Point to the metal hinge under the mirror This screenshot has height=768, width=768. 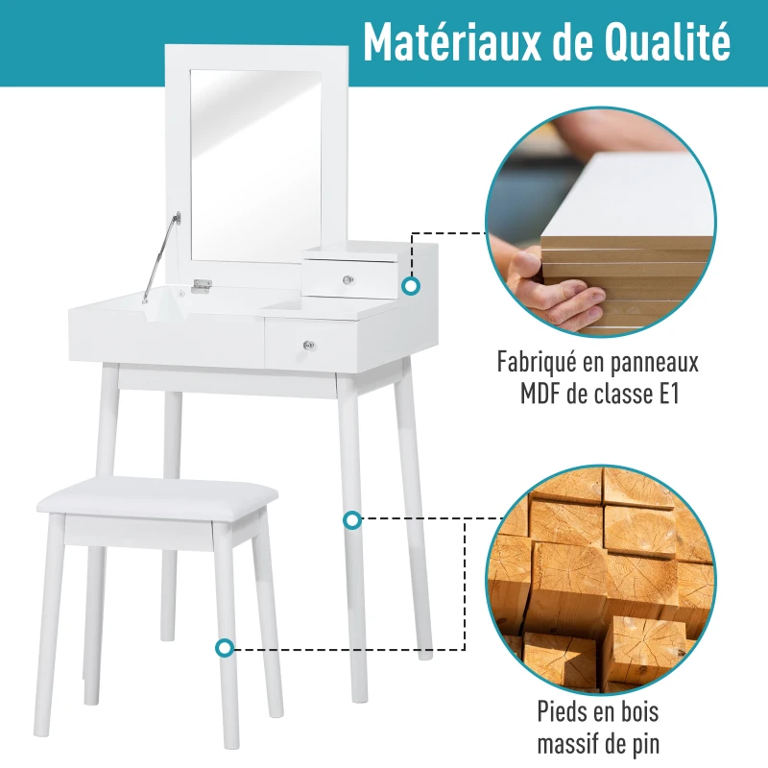click(201, 285)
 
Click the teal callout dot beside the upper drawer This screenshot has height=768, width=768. click(411, 285)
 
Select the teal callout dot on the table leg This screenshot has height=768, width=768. click(352, 520)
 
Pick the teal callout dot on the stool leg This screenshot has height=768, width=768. click(225, 648)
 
